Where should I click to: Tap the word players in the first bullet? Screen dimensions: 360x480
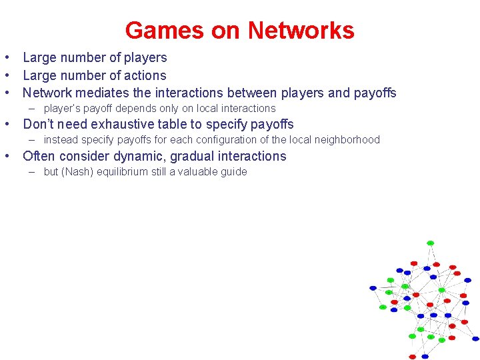pyautogui.click(x=145, y=58)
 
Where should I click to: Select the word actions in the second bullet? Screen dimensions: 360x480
pyautogui.click(x=145, y=76)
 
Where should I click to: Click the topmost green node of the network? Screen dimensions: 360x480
pyautogui.click(x=430, y=243)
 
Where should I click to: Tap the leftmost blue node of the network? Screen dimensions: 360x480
pyautogui.click(x=373, y=288)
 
